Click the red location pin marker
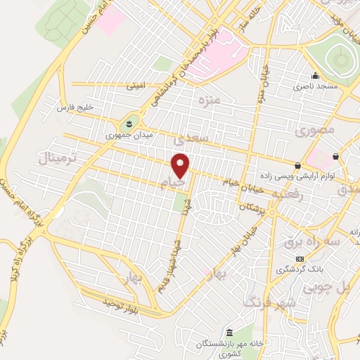click(x=181, y=166)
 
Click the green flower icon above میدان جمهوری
click(x=129, y=123)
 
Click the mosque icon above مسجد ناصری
click(x=315, y=76)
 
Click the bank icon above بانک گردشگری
click(x=301, y=259)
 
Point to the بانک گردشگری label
click(x=294, y=269)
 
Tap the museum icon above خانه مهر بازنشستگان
click(x=229, y=332)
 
